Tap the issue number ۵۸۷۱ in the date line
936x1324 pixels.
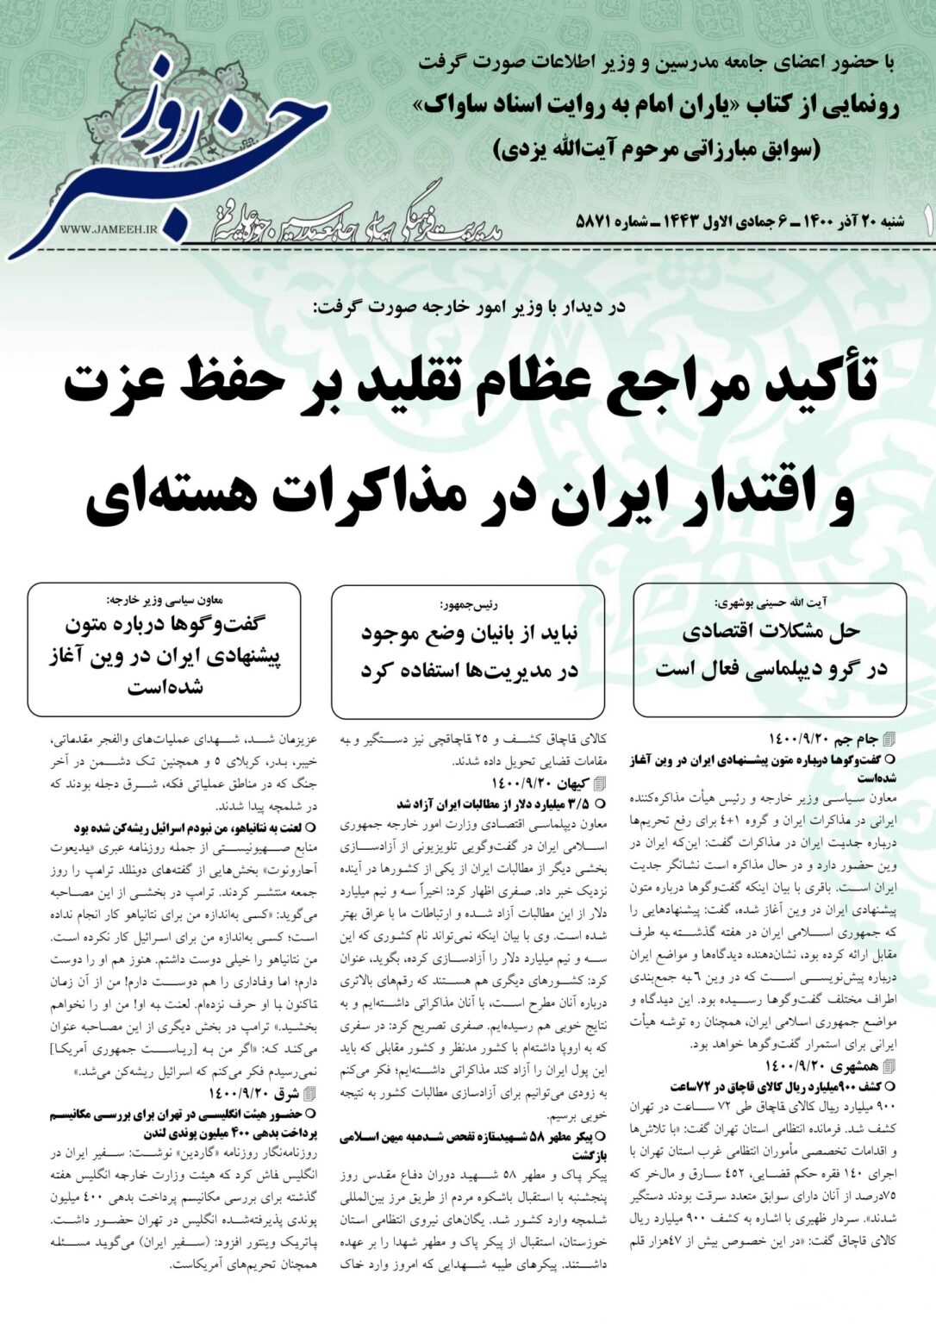(x=593, y=222)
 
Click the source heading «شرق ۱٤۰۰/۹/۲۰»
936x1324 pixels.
(x=259, y=1094)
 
